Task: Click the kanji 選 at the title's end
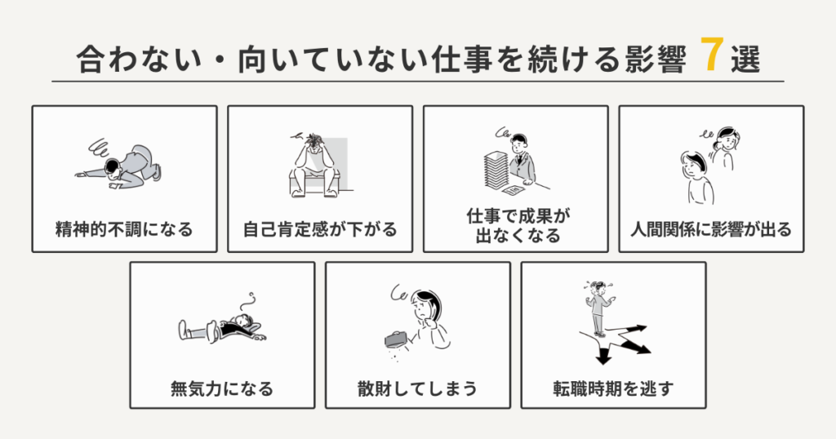coord(745,61)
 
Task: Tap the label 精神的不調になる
coord(124,229)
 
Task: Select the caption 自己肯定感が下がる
coord(320,229)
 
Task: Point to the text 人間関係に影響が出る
coord(711,229)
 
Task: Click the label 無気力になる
coord(222,388)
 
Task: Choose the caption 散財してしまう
coord(417,388)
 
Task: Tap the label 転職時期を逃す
coord(613,388)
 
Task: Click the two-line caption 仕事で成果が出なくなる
coord(515,226)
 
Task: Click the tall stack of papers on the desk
coord(494,165)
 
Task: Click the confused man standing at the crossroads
coord(598,308)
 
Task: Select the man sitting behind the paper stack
coord(521,159)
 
